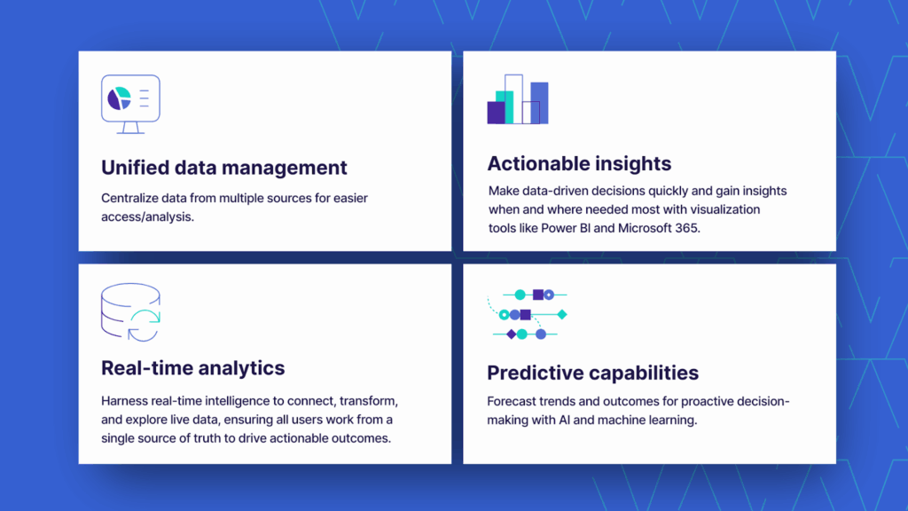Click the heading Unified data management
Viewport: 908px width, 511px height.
point(223,168)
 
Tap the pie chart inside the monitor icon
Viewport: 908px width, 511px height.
point(119,98)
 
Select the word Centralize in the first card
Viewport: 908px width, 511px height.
point(129,198)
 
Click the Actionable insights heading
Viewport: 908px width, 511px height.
point(579,163)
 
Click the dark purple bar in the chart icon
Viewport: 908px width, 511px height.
point(496,113)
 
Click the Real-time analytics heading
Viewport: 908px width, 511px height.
point(192,368)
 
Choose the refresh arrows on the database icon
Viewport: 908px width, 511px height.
point(144,325)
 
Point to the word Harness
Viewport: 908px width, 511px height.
point(125,401)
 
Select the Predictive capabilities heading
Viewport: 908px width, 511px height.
point(592,373)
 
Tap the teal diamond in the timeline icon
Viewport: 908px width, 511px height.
point(561,314)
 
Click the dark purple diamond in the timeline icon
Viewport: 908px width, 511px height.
point(511,334)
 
